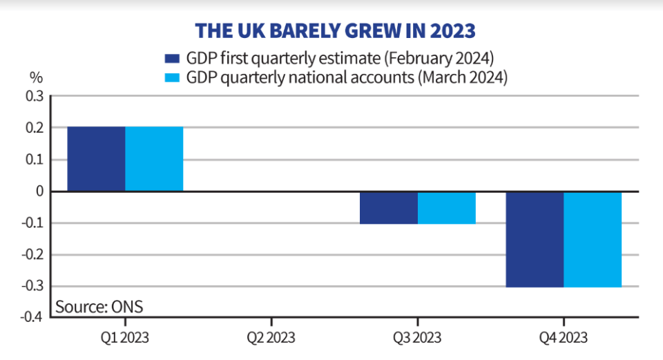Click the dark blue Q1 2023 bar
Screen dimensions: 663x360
pos(96,159)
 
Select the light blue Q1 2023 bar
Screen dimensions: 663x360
pos(154,159)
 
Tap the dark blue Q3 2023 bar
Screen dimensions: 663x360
pos(389,208)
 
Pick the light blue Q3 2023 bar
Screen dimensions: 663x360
pos(447,208)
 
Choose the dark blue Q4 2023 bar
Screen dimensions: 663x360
pos(535,240)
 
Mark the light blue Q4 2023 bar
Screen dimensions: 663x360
pos(593,240)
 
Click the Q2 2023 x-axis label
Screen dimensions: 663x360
pos(271,338)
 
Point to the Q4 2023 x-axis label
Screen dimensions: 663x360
pos(564,338)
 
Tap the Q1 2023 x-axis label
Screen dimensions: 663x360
pos(125,338)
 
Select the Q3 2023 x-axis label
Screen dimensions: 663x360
pos(417,338)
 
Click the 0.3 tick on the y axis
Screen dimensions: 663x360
pos(35,96)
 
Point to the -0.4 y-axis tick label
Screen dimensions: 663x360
pos(32,316)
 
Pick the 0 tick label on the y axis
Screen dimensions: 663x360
pos(40,191)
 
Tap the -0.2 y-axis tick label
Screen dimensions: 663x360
pos(32,255)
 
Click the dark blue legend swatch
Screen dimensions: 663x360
pos(172,58)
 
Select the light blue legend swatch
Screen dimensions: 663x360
pos(172,78)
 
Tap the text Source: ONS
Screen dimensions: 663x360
pos(99,307)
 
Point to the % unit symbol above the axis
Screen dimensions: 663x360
pos(37,78)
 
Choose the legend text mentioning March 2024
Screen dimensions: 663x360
pos(347,78)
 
